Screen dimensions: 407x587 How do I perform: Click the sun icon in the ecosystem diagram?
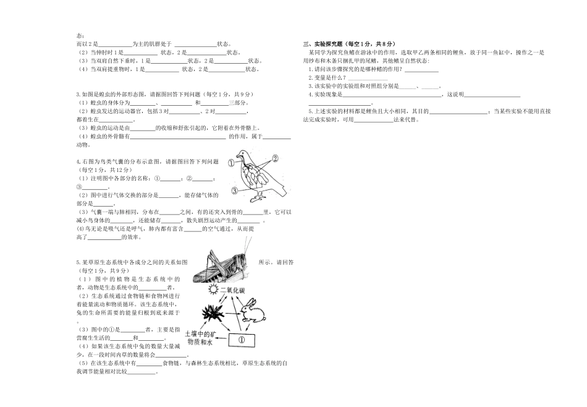click(x=214, y=290)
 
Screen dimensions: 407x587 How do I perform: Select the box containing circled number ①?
click(x=242, y=339)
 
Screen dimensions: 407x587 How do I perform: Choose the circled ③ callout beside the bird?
click(x=235, y=191)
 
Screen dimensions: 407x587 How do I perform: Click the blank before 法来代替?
click(x=374, y=119)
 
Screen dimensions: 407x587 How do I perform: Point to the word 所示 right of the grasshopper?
click(x=266, y=262)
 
